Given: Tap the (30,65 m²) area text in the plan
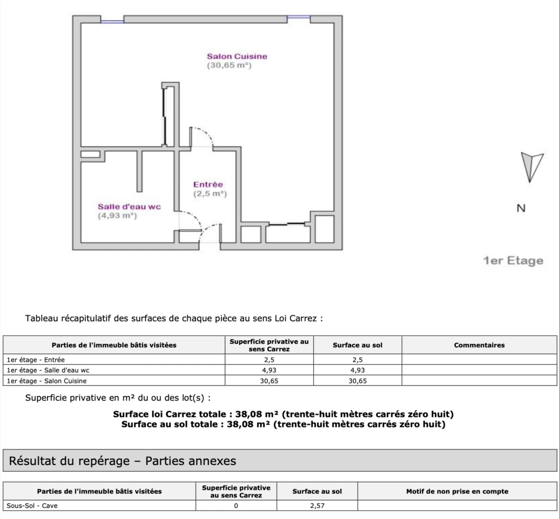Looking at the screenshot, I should click(x=229, y=66).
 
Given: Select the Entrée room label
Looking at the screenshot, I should click(x=208, y=185).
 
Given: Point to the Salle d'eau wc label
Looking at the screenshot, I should click(x=129, y=207).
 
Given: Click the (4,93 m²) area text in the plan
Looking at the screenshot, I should click(x=118, y=216).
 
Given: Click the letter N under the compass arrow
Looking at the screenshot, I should click(x=521, y=209).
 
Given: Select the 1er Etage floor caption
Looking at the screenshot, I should click(x=513, y=261).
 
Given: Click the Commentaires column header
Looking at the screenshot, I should click(x=479, y=345).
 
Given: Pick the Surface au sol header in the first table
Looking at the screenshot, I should click(x=357, y=345).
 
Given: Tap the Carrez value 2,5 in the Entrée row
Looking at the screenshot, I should click(x=269, y=359).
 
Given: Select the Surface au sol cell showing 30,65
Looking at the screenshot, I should click(x=357, y=381).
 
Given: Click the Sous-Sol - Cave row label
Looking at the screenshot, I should click(x=32, y=506).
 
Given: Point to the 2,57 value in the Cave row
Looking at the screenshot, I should click(x=317, y=506).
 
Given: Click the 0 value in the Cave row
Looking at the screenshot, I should click(x=236, y=506).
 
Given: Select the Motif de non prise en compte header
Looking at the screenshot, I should click(x=457, y=491).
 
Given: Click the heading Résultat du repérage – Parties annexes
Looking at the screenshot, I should click(x=123, y=461).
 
